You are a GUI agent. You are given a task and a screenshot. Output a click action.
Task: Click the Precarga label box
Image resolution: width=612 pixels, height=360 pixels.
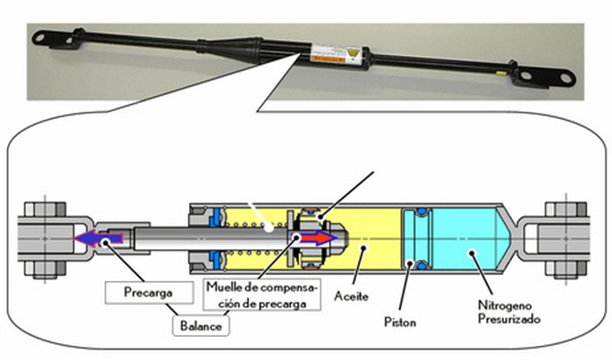click(x=149, y=292)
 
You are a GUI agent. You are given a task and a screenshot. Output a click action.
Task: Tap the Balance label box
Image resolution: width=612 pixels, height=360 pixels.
click(x=201, y=325)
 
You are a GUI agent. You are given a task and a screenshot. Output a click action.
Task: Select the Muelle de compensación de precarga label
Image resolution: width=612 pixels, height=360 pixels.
click(x=262, y=294)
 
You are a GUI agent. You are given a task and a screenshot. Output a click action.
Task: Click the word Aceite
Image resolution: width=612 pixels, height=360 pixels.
click(x=351, y=296)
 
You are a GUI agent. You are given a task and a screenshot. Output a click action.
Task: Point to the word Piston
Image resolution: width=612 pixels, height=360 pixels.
click(x=400, y=322)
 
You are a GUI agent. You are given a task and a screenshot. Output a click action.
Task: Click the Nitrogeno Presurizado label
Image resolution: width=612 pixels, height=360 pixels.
click(x=509, y=311)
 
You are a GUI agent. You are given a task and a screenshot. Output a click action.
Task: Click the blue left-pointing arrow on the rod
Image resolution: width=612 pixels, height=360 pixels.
click(x=98, y=238)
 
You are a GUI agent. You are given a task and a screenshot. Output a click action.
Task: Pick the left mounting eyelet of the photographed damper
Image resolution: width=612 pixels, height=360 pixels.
click(x=40, y=38)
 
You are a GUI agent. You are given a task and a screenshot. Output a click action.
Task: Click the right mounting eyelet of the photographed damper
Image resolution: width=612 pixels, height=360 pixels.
click(x=566, y=77)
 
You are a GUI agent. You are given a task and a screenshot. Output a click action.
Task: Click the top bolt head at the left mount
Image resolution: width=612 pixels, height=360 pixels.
click(x=45, y=209)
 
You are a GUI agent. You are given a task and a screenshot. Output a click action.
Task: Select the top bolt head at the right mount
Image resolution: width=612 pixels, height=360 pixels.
click(x=566, y=209)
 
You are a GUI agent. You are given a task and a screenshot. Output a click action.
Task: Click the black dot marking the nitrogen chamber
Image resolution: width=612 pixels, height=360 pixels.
click(x=472, y=253)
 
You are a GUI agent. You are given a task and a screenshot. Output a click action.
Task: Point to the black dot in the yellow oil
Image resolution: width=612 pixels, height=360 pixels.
click(x=364, y=247)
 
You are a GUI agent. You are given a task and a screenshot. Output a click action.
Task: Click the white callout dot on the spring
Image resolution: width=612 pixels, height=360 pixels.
click(x=269, y=227)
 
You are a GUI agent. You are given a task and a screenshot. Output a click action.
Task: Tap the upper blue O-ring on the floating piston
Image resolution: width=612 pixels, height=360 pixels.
click(x=421, y=211)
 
